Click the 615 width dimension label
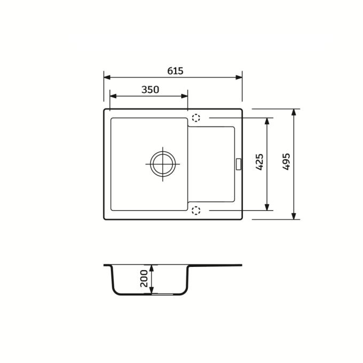[175, 71]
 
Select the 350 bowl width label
[150, 90]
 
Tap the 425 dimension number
[260, 162]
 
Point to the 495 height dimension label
[286, 162]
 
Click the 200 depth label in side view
[144, 279]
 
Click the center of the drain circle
[163, 164]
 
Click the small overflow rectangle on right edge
[238, 164]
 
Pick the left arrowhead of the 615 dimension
[107, 77]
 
